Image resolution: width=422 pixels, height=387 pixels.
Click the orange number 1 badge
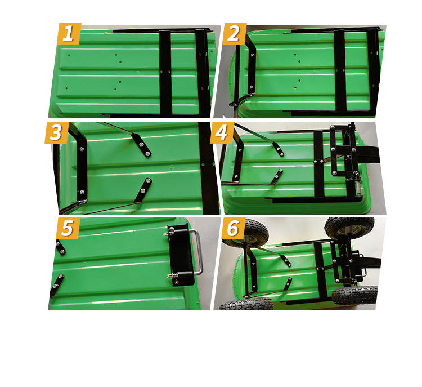[x=69, y=33]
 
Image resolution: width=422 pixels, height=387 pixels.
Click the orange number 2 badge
[x=234, y=33]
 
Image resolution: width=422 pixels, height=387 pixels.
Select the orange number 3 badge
[x=56, y=132]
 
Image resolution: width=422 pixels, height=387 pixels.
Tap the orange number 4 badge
[x=222, y=132]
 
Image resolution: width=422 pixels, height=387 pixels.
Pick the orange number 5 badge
[x=68, y=228]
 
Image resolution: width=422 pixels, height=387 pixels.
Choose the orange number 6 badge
[x=233, y=228]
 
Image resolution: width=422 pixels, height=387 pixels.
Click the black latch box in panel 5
[x=181, y=255]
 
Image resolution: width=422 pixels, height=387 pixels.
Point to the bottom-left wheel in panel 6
[x=246, y=304]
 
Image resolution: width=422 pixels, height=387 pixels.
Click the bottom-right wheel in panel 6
[x=354, y=295]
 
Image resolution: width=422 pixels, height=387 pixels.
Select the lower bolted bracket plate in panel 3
[x=143, y=190]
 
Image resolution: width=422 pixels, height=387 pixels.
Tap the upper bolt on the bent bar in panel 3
[x=82, y=149]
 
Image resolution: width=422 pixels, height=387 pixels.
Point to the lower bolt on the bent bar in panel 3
[x=82, y=192]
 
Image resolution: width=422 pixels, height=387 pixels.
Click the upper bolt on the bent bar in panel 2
[x=252, y=55]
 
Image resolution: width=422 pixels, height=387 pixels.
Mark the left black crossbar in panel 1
[x=165, y=72]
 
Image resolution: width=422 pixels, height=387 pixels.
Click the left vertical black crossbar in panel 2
[x=340, y=71]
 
